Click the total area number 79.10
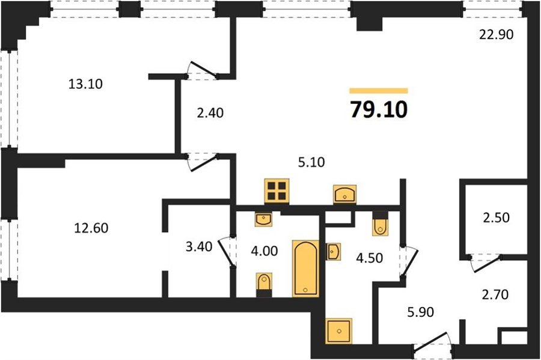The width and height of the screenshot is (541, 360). [x=379, y=109]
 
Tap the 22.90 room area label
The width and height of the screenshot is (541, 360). [x=497, y=34]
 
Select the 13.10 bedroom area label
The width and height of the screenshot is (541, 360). [x=85, y=84]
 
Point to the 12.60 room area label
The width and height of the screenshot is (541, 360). [x=91, y=228]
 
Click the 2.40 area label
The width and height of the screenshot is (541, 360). [x=210, y=113]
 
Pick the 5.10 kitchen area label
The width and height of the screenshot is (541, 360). [x=311, y=162]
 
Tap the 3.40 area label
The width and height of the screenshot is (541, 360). [x=199, y=246]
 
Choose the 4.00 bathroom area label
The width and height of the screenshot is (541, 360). [x=264, y=251]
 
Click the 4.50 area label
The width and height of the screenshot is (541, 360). [x=370, y=258]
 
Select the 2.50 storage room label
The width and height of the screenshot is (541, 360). [x=496, y=218]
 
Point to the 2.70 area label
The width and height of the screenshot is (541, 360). [x=495, y=294]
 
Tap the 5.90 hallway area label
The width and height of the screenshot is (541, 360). [x=420, y=312]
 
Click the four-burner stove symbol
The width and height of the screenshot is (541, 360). [x=277, y=191]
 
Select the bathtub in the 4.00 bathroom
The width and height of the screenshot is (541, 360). [x=306, y=268]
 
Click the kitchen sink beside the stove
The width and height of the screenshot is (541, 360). [x=344, y=194]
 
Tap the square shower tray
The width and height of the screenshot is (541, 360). [x=339, y=331]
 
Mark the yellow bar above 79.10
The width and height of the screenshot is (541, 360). [x=379, y=91]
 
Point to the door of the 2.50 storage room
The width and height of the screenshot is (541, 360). [x=486, y=264]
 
